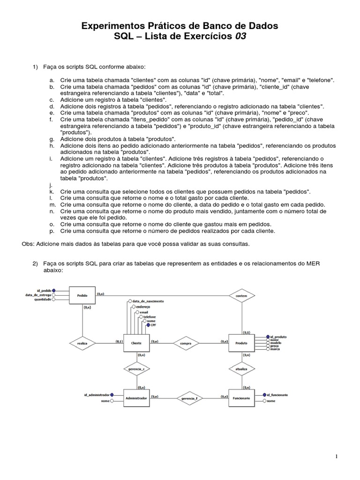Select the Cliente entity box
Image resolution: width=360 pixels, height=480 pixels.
pos(136,343)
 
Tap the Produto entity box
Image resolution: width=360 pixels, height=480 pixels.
pos(241,343)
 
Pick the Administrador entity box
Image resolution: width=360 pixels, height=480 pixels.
pos(136,397)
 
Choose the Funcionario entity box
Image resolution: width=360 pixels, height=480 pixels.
pos(241,397)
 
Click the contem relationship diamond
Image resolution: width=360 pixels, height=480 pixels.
pos(241,296)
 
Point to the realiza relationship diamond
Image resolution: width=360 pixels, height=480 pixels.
pos(82,343)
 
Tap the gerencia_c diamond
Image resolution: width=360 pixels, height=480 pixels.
pos(136,369)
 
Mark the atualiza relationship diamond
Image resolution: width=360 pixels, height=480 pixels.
pos(241,369)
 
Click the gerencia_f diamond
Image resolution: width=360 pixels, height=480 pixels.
pos(188,398)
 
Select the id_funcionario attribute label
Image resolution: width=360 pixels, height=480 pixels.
pos(277,395)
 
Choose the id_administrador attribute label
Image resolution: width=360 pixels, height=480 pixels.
pos(97,395)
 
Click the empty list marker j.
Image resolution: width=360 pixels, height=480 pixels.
pos(51,186)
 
